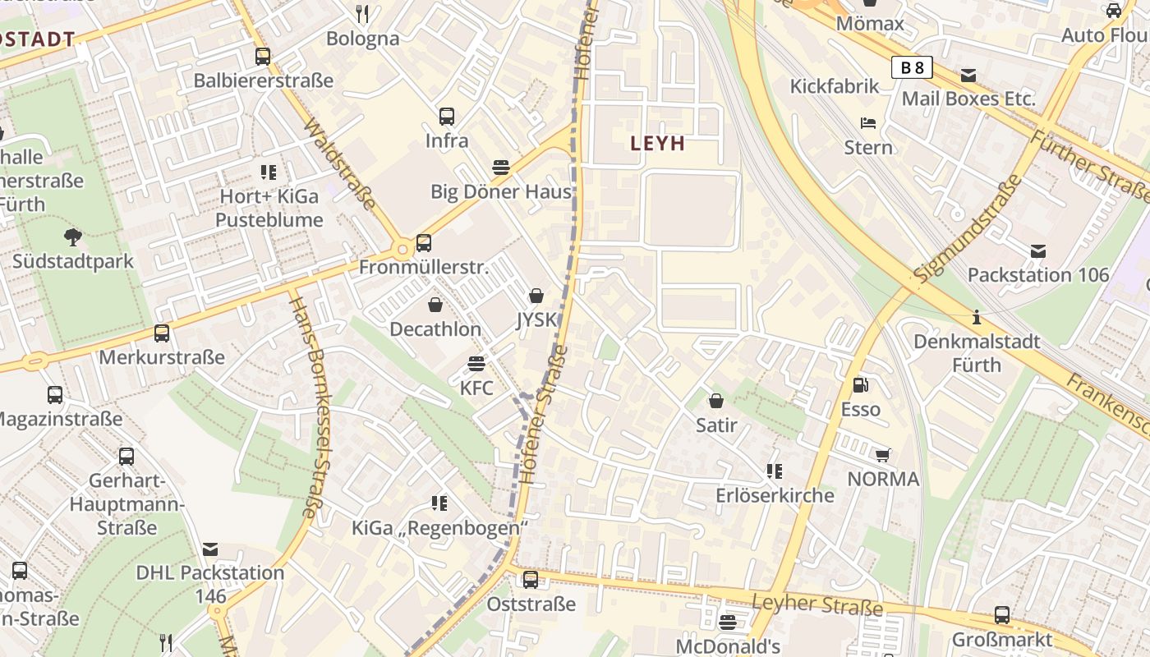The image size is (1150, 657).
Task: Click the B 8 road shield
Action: coord(912,67)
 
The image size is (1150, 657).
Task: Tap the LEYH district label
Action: coord(657,144)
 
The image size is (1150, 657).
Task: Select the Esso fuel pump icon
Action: coord(860,384)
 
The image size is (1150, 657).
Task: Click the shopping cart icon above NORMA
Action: coord(883,455)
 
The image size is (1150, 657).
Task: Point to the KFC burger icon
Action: coord(476,363)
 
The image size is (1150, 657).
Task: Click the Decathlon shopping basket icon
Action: coord(435,305)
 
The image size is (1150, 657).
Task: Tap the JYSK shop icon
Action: coord(536,296)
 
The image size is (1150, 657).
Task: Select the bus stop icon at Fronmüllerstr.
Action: coord(424,243)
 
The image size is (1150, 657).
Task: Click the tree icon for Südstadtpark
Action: coord(72,237)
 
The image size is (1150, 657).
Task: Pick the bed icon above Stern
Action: coord(868,123)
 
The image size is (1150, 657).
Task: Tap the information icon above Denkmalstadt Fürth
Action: coord(976,316)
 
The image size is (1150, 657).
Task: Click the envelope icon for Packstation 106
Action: coord(1038,250)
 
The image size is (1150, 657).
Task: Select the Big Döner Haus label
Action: coord(500,192)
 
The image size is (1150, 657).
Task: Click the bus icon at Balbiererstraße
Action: coord(263,57)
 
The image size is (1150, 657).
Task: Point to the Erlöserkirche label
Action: coord(775,495)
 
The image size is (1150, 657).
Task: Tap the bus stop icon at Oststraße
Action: coord(531,580)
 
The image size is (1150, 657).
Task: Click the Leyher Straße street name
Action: coord(816,605)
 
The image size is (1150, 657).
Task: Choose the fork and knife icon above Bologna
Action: coord(362,14)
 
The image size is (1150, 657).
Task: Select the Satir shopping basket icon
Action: coord(716,401)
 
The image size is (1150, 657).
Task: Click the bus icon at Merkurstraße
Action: coord(162,333)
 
